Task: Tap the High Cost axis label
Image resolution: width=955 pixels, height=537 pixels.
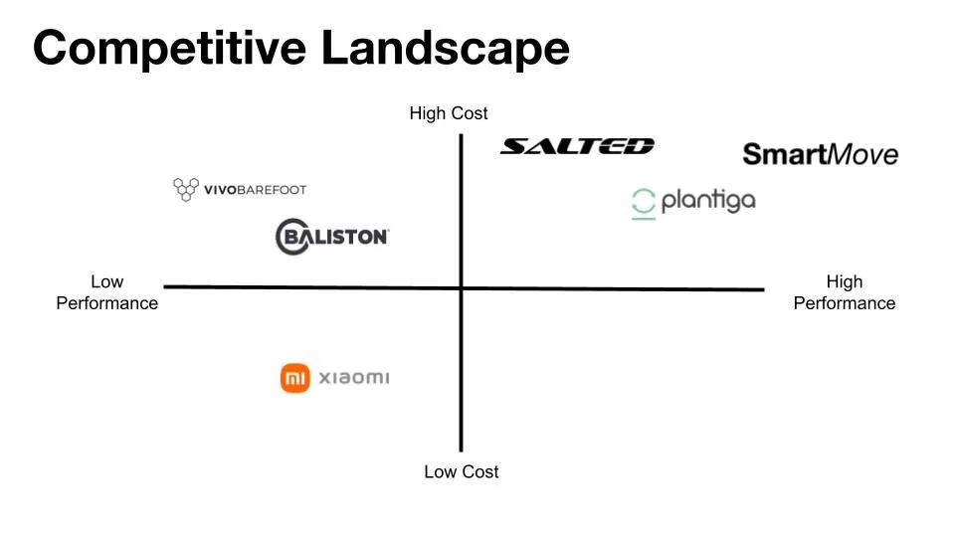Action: (449, 113)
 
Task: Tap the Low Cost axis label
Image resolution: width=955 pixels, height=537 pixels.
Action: (461, 471)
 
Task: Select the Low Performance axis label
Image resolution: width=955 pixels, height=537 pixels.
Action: (106, 292)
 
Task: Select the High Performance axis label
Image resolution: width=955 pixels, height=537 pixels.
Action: (844, 292)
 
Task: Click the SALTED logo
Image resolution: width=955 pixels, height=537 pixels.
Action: (577, 146)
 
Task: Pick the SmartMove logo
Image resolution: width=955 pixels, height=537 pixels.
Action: (820, 154)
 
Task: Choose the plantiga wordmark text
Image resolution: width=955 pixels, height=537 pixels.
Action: (708, 201)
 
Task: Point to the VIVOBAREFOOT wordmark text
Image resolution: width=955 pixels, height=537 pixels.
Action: (255, 189)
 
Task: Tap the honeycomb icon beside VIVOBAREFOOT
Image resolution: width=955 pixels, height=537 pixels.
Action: (185, 189)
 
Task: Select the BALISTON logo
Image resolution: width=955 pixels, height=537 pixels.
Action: (331, 237)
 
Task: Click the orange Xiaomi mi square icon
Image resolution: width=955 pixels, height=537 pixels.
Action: (296, 378)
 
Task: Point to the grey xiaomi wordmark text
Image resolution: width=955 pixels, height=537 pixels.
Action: (353, 378)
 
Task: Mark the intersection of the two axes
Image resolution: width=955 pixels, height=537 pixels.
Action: (462, 288)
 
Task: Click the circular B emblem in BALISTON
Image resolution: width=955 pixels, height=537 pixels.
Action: (292, 237)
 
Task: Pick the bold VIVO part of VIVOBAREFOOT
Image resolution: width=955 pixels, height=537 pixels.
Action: (219, 189)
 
